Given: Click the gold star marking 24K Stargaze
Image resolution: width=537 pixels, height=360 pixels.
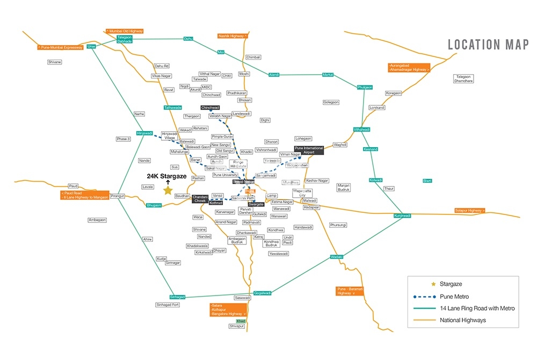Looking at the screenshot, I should point(168,190).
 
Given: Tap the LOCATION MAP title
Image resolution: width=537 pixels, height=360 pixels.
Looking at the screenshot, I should point(488,45).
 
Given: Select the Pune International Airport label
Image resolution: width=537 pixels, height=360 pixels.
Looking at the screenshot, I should point(309,150).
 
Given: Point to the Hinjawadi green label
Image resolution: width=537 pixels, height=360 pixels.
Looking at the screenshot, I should point(144,133).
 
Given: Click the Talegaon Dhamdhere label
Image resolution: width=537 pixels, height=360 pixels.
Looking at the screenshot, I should point(464,78).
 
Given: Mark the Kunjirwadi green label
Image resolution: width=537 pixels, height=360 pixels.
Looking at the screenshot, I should point(402,215).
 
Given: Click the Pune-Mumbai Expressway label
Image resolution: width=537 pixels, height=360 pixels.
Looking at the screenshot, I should point(60,47).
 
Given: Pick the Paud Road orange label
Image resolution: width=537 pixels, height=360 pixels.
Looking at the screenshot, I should point(85,195).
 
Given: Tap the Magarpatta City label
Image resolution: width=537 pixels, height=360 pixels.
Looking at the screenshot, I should point(303,193).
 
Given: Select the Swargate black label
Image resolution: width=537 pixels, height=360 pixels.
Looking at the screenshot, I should point(256,204).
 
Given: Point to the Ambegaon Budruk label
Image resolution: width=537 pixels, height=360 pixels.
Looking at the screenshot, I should point(237,240).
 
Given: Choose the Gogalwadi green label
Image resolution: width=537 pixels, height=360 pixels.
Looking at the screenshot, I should point(263,293).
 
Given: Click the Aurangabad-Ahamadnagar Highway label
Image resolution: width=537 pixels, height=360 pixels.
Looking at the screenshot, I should point(409,67).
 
